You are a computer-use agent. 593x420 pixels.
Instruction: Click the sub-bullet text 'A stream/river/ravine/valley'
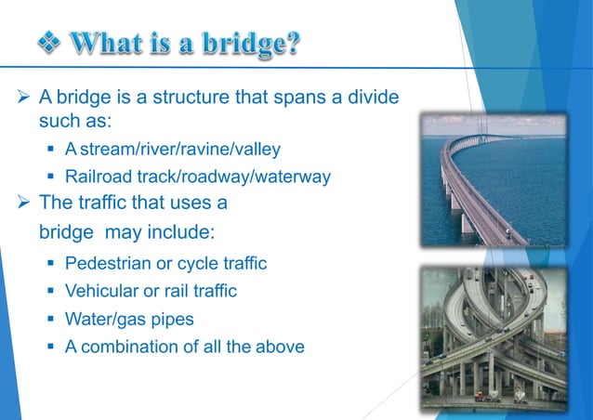(x=172, y=150)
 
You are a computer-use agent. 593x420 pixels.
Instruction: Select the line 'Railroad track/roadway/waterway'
(x=197, y=177)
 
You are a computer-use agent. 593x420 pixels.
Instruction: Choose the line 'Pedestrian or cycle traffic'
(x=165, y=264)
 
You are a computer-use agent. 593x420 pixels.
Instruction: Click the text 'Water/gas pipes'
(x=129, y=319)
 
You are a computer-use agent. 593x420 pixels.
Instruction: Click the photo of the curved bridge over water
(x=493, y=180)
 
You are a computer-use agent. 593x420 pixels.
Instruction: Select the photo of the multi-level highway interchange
(x=493, y=335)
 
